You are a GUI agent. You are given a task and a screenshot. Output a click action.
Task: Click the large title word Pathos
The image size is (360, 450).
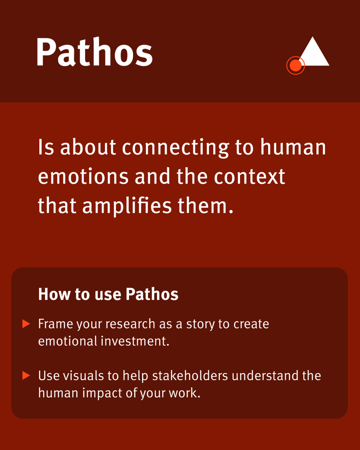click(x=94, y=52)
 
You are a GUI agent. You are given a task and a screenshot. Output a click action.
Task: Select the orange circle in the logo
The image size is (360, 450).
click(x=295, y=66)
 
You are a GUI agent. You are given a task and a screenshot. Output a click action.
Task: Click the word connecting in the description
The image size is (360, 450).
click(x=175, y=148)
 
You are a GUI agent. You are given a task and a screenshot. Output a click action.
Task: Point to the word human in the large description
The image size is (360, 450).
click(x=293, y=148)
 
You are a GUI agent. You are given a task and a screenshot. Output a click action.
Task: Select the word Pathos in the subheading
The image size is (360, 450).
click(x=152, y=294)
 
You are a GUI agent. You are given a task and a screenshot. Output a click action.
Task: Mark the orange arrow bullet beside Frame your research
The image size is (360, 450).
click(x=26, y=324)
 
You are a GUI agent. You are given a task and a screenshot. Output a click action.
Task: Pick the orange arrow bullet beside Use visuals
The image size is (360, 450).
click(x=26, y=375)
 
